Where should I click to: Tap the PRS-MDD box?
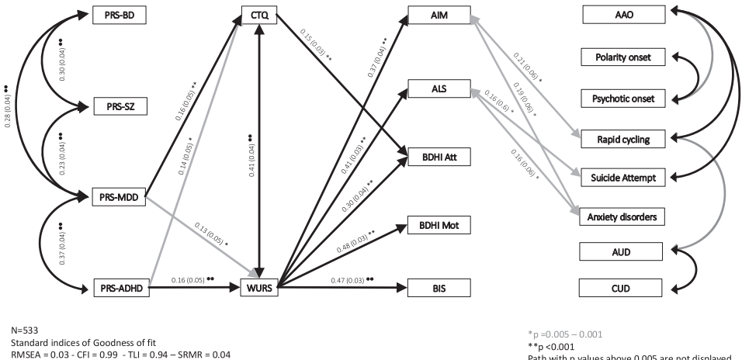point(119,197)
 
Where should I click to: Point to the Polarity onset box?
point(626,58)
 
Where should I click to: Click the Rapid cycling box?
point(626,139)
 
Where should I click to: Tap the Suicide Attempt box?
point(626,178)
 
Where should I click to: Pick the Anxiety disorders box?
point(626,217)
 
